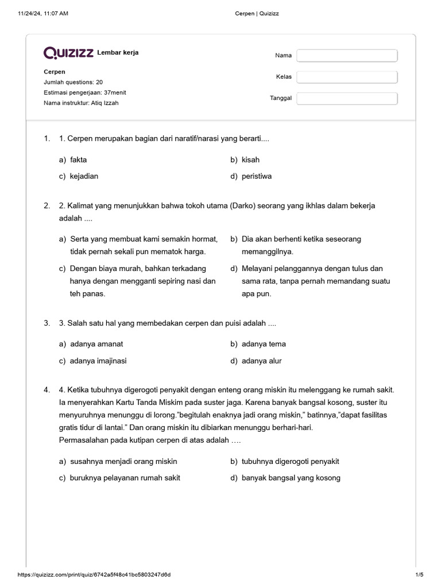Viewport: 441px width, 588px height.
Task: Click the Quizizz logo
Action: pyautogui.click(x=69, y=53)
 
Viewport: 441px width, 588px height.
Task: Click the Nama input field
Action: pyautogui.click(x=347, y=56)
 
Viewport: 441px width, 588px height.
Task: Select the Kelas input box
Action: pyautogui.click(x=347, y=77)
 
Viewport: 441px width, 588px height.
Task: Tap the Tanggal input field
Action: pyautogui.click(x=347, y=98)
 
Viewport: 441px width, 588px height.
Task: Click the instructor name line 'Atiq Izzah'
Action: pyautogui.click(x=81, y=103)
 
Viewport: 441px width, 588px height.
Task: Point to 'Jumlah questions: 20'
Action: pyautogui.click(x=73, y=82)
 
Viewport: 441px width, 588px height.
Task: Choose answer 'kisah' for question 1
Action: pyautogui.click(x=250, y=160)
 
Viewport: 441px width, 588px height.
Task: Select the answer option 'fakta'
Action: pyautogui.click(x=78, y=160)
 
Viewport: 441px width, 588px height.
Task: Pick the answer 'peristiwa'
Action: pyautogui.click(x=257, y=176)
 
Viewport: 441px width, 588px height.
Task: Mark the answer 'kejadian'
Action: pyautogui.click(x=84, y=176)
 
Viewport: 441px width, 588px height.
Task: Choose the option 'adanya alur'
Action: pyautogui.click(x=261, y=361)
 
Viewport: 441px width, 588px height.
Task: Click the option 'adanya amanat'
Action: pyautogui.click(x=96, y=344)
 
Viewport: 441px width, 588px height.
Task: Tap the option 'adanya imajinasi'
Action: pyautogui.click(x=98, y=361)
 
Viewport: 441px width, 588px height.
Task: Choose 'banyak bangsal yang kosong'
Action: pyautogui.click(x=291, y=478)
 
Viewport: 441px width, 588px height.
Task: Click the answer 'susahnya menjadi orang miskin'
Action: pyautogui.click(x=123, y=461)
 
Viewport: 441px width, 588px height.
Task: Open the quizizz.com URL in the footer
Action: pyautogui.click(x=94, y=575)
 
